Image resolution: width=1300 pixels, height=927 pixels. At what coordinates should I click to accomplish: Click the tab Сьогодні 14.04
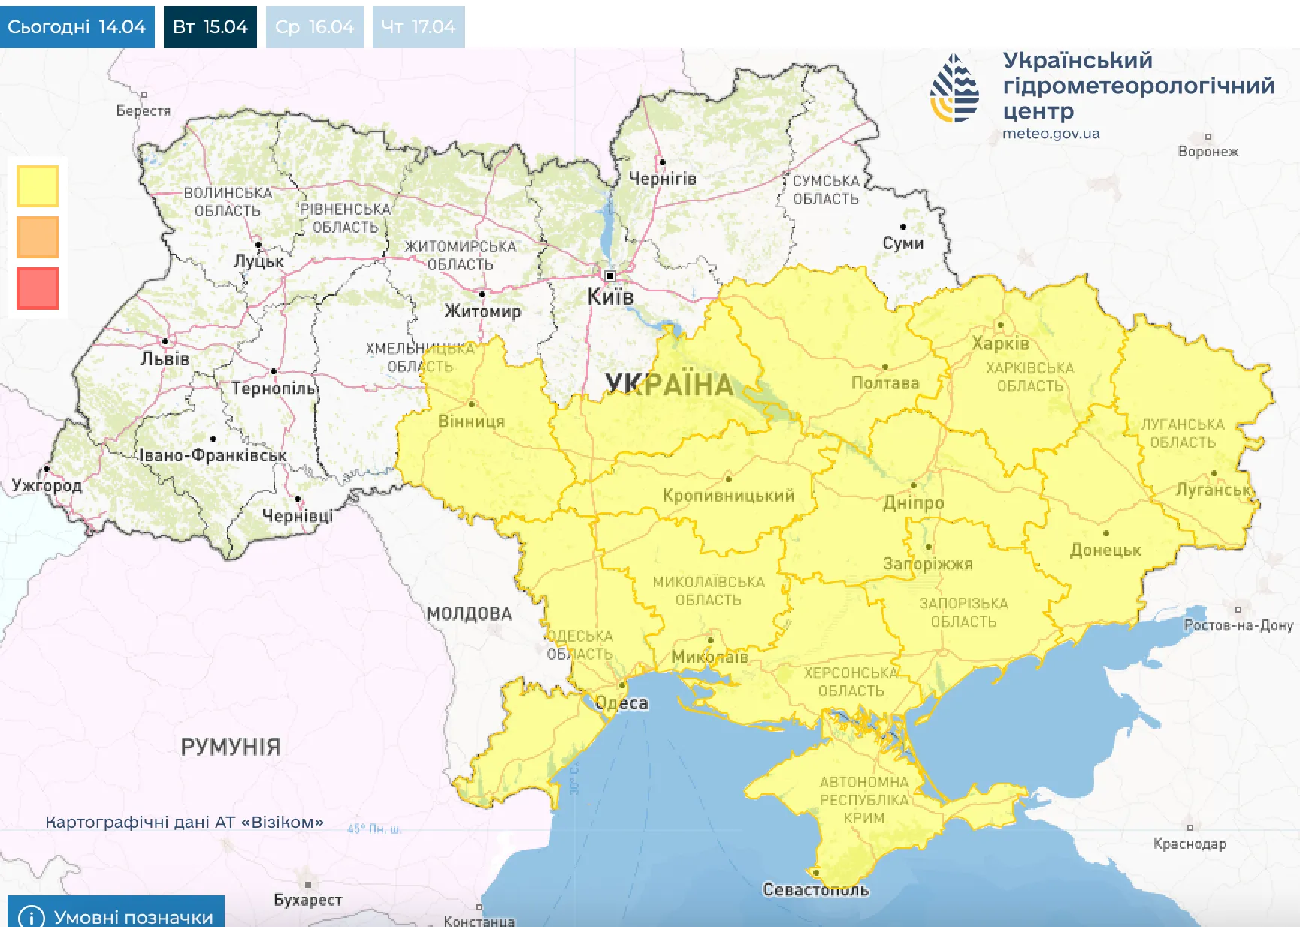[77, 27]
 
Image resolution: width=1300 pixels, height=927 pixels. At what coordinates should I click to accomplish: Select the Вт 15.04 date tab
[210, 27]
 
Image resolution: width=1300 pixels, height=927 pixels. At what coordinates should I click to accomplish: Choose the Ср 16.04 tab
[314, 27]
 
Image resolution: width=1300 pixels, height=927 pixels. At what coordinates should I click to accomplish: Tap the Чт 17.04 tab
[419, 27]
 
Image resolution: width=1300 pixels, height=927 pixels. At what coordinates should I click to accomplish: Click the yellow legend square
[38, 186]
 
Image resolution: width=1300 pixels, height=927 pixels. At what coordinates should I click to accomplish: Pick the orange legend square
[38, 237]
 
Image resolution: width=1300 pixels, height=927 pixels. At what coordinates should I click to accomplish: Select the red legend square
[38, 288]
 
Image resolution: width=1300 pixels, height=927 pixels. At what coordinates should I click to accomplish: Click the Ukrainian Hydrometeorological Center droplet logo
[954, 89]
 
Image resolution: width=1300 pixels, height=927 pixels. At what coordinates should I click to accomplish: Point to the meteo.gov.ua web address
[1051, 134]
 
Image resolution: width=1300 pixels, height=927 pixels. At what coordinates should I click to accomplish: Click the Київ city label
[610, 297]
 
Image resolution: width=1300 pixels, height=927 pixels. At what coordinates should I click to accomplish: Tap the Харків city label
[1000, 343]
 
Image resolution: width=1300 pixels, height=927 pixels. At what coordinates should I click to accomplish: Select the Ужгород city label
[47, 485]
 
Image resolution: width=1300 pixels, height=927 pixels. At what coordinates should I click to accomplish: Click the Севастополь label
[816, 890]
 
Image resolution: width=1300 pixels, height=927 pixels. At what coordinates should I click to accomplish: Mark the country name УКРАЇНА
[669, 385]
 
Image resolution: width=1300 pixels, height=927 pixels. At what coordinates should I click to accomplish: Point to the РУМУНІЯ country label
[231, 747]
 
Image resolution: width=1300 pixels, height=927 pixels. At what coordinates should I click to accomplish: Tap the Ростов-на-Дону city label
[1238, 625]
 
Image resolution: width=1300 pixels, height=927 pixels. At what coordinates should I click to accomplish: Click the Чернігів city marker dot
[662, 162]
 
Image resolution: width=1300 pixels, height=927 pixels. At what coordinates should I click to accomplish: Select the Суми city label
[903, 243]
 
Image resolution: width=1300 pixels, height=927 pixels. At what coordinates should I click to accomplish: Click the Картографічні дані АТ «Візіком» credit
[184, 822]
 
